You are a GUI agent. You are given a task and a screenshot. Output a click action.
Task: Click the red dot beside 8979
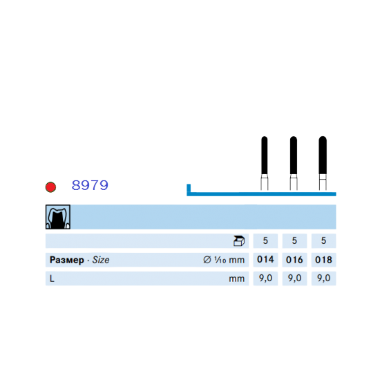point(50,187)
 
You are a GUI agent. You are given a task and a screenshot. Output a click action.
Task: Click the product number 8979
point(90,185)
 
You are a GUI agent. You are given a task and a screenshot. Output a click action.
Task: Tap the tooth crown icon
point(58,217)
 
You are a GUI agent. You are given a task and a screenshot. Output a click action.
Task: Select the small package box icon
point(239,241)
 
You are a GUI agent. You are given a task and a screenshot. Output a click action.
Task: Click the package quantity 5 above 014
point(265,240)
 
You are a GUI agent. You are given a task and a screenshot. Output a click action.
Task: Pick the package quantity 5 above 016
point(294,240)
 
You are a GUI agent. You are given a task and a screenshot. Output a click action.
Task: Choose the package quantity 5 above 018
point(323,240)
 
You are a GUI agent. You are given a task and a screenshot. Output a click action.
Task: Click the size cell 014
point(265,260)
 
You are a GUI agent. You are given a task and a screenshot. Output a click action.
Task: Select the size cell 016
point(294,260)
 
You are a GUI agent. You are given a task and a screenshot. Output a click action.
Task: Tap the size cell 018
point(323,260)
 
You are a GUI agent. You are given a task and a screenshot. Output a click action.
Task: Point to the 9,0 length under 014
point(265,278)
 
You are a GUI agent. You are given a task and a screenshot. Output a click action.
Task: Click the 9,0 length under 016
point(295,278)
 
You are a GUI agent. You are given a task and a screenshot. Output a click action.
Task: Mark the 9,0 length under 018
point(324,278)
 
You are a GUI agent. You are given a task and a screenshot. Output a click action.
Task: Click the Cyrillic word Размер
point(67,260)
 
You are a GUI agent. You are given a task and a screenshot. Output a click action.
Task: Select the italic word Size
point(101,260)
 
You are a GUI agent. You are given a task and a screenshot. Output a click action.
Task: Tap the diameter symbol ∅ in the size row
point(207,260)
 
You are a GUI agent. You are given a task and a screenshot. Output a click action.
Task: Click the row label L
point(52,278)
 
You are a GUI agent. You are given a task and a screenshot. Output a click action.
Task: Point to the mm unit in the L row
point(237,279)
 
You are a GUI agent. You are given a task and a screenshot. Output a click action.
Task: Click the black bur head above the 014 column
point(265,155)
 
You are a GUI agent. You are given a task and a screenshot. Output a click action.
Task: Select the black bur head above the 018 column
point(323,155)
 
